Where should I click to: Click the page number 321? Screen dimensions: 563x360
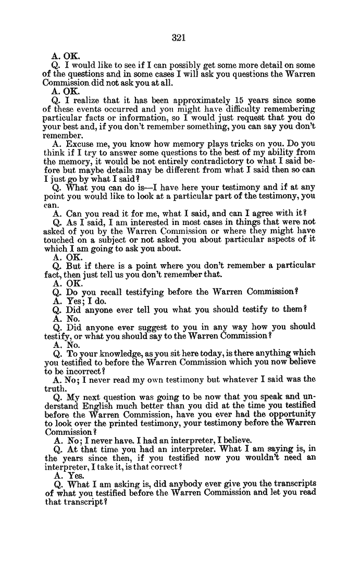pyautogui.click(x=179, y=37)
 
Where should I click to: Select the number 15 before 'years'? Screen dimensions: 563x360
pyautogui.click(x=239, y=101)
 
